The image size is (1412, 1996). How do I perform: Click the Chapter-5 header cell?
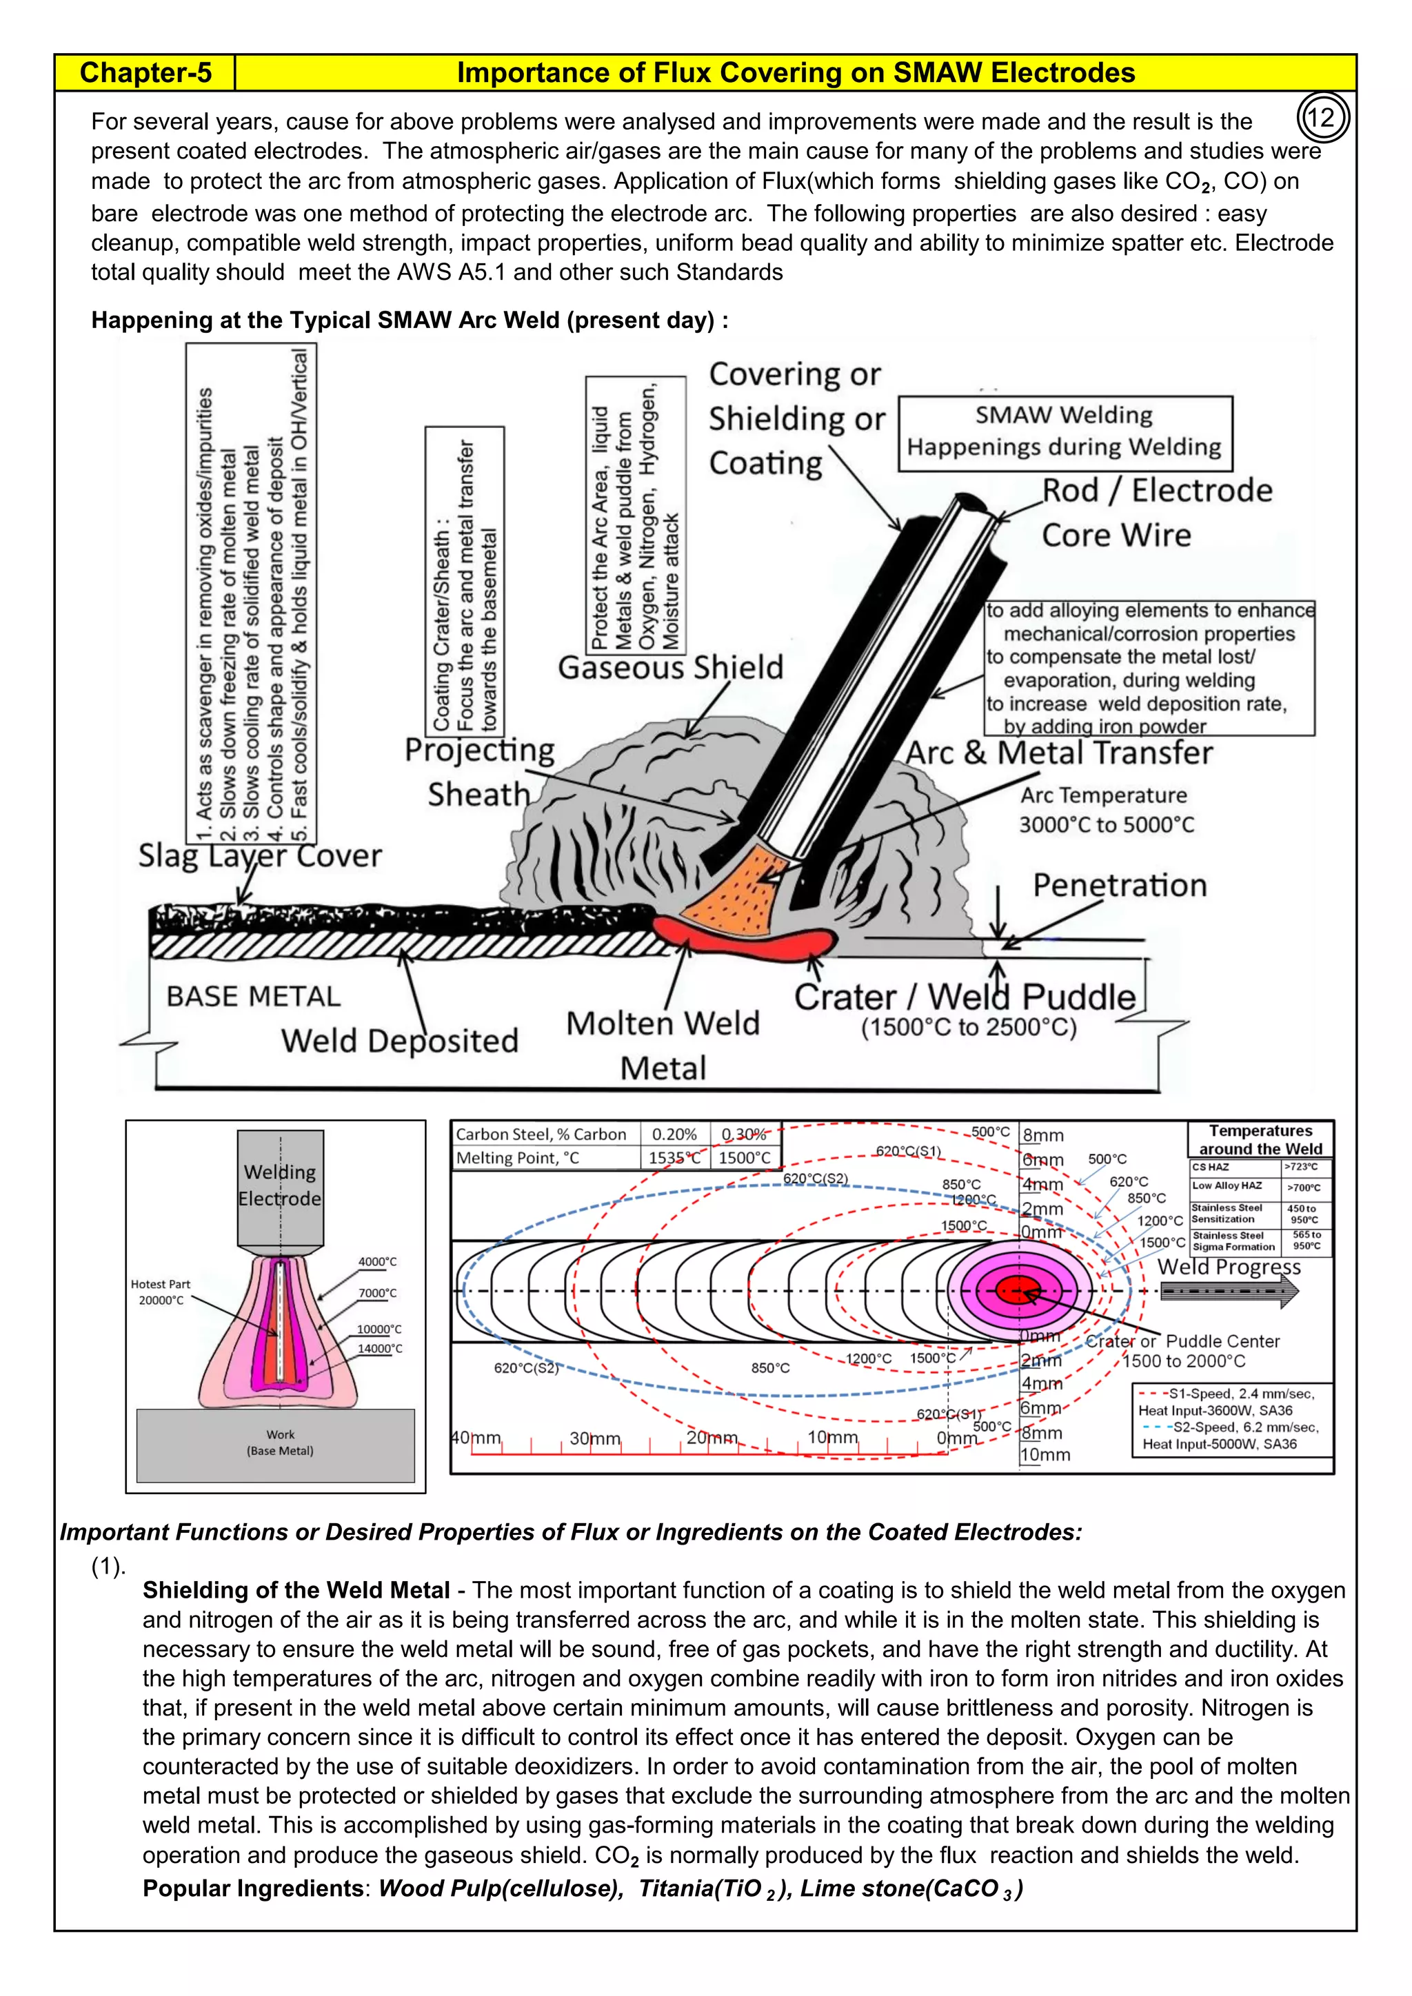pyautogui.click(x=145, y=73)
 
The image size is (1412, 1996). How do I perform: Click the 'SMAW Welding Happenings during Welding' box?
pyautogui.click(x=1065, y=432)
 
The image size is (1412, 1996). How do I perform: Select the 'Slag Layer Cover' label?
pyautogui.click(x=260, y=856)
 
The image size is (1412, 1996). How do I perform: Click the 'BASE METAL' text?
pyautogui.click(x=253, y=996)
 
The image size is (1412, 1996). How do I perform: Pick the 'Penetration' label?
pyautogui.click(x=1120, y=886)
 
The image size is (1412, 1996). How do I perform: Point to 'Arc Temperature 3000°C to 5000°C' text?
pyautogui.click(x=1105, y=811)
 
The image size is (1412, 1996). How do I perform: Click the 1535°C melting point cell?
pyautogui.click(x=674, y=1158)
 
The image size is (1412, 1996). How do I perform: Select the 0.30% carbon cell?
pyautogui.click(x=744, y=1134)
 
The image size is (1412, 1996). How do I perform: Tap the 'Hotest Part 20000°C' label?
pyautogui.click(x=160, y=1292)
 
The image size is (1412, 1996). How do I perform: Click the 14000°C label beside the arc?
pyautogui.click(x=380, y=1348)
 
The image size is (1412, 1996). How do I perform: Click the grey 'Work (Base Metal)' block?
pyautogui.click(x=276, y=1444)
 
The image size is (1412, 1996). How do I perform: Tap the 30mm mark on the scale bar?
pyautogui.click(x=595, y=1438)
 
